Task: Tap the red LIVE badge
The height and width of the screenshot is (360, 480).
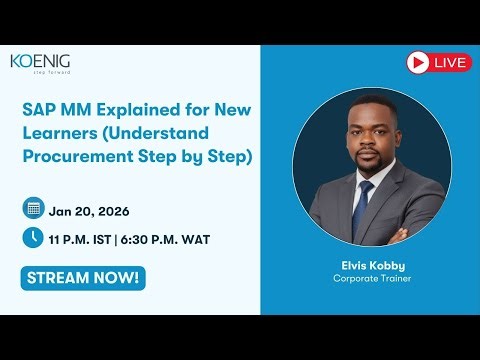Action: click(x=439, y=63)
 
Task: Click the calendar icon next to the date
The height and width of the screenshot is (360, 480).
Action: click(x=33, y=209)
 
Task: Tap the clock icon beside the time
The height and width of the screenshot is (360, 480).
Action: click(x=33, y=238)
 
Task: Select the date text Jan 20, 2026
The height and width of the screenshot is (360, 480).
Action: click(x=88, y=210)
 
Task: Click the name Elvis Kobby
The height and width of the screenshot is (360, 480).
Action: click(x=366, y=265)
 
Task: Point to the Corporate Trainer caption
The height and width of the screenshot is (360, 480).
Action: click(x=366, y=278)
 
